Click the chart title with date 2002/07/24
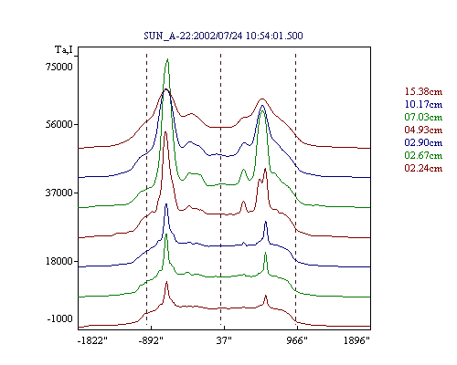point(223,36)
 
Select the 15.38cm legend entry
point(423,91)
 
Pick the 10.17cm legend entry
point(423,104)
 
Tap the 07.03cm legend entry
point(423,117)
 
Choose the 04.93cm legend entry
point(423,130)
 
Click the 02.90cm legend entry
point(423,142)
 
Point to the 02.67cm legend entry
point(423,155)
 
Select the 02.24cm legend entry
point(423,168)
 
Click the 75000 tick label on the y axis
point(59,67)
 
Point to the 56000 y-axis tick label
point(59,124)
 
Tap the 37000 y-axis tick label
point(59,193)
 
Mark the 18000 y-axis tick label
point(59,261)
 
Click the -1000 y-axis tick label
point(60,318)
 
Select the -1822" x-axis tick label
point(92,340)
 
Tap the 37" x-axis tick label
point(224,340)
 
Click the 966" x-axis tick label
point(297,340)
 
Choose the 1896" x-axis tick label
point(356,340)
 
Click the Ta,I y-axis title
point(64,49)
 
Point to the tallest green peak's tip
point(167,58)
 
